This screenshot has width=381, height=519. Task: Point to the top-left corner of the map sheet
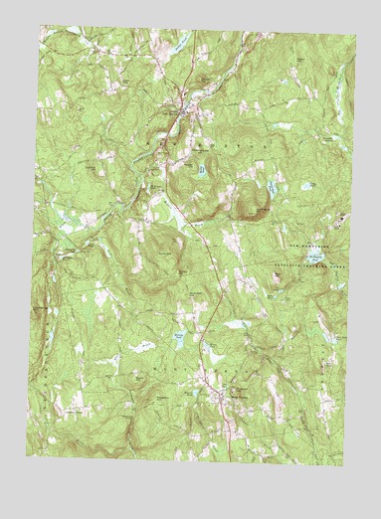tap(41, 27)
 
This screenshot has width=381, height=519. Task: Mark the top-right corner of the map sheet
tap(356, 36)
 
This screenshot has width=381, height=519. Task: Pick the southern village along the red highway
tap(221, 395)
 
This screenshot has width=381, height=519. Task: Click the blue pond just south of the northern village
tap(202, 170)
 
